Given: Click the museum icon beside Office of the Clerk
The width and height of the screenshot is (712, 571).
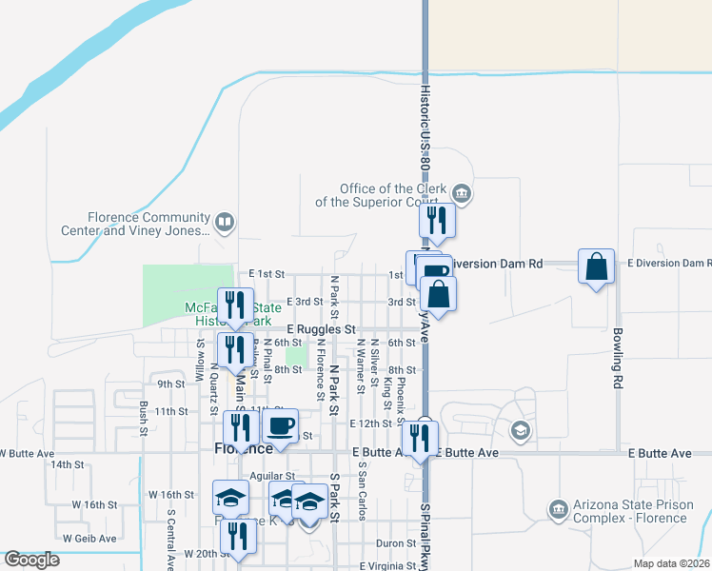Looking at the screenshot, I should tap(462, 194).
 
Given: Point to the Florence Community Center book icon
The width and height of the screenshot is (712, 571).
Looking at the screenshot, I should tap(224, 224).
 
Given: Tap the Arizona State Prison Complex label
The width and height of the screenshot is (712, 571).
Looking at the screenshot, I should tap(630, 512).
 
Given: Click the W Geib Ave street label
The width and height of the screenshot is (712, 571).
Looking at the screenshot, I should tap(88, 538).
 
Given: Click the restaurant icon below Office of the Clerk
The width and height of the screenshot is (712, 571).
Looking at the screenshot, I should tap(437, 221).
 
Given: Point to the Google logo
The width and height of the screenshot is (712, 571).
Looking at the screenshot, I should tap(32, 560).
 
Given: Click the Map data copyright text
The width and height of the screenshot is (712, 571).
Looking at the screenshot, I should tap(672, 563).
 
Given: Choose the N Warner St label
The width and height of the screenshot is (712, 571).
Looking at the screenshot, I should tap(361, 365).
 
